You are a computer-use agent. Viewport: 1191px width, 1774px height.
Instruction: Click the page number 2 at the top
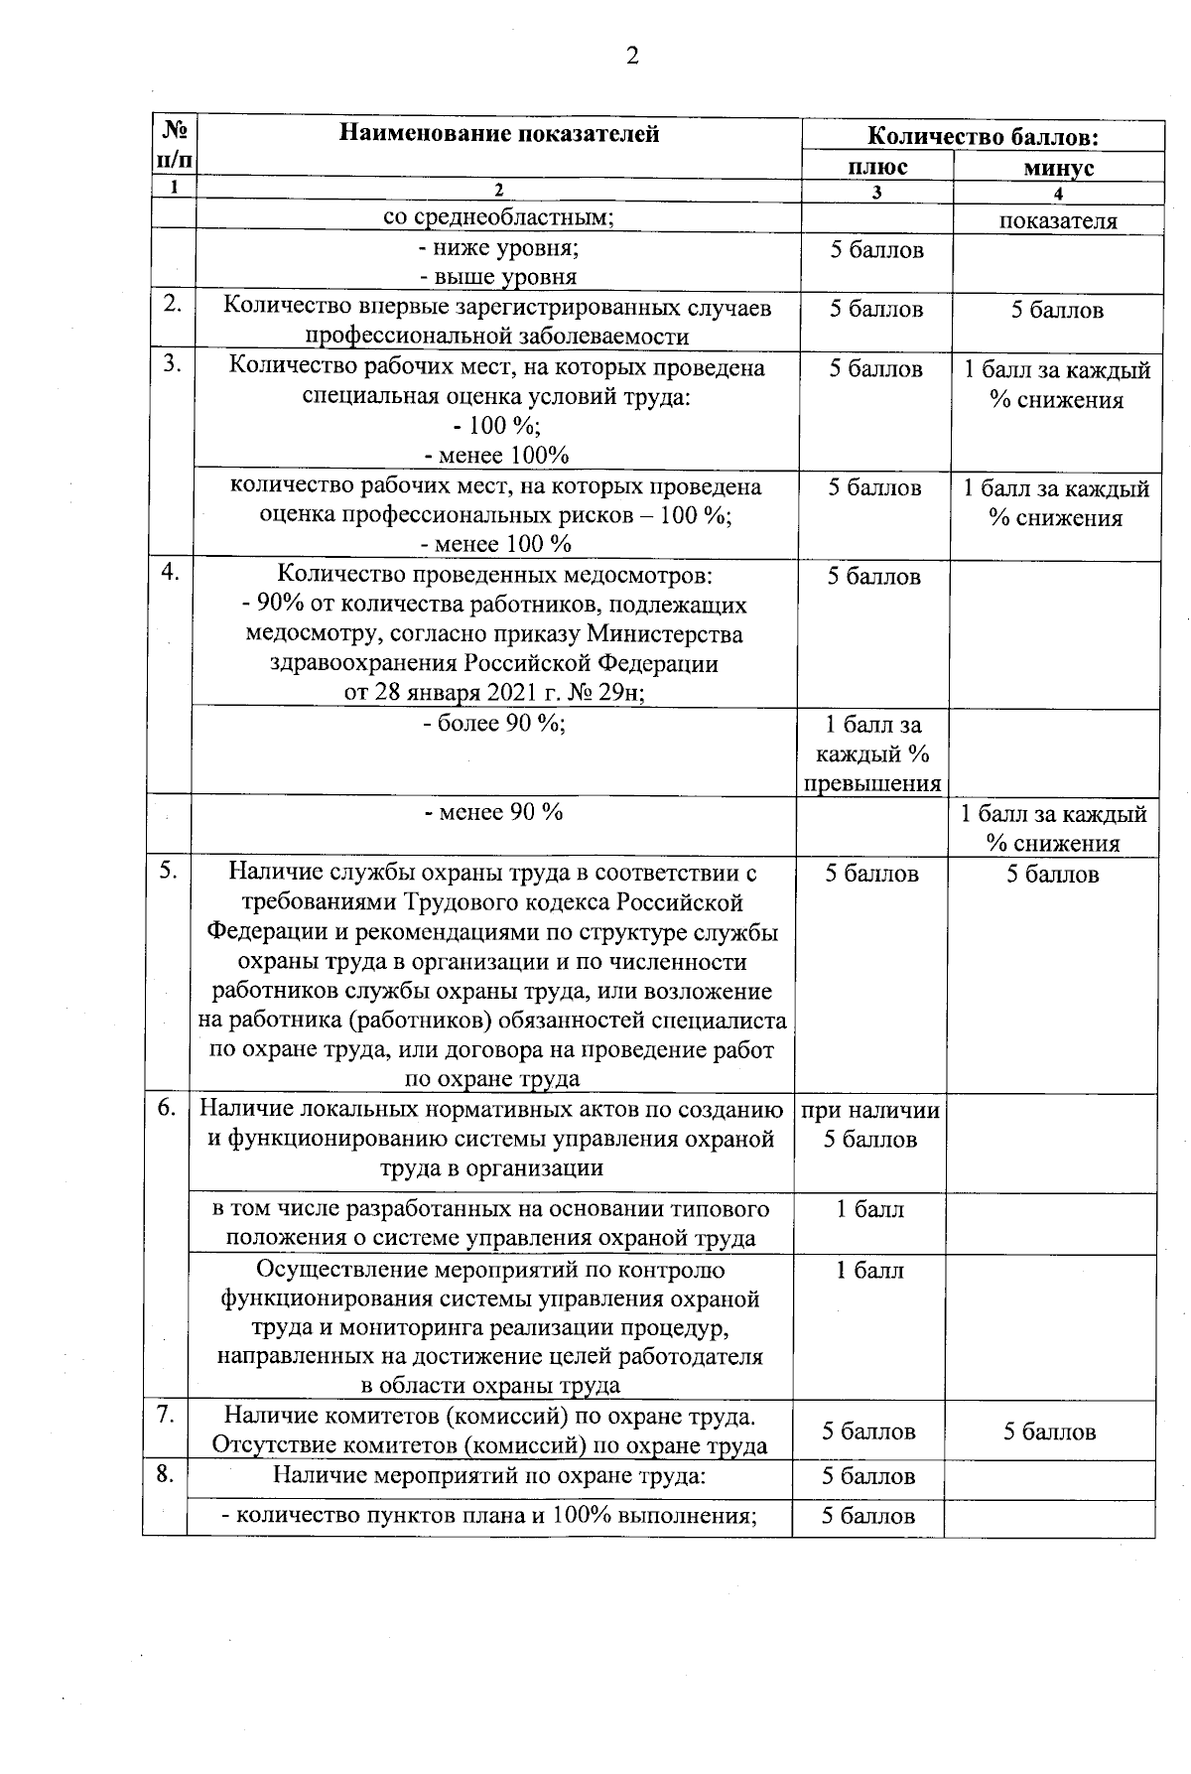pos(631,56)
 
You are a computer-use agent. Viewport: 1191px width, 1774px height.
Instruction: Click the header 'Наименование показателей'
pos(498,133)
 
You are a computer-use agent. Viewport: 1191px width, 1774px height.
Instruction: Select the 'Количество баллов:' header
pos(982,136)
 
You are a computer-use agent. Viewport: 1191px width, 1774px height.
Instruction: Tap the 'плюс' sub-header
pos(875,167)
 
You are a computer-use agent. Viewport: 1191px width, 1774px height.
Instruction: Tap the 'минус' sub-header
pos(1058,168)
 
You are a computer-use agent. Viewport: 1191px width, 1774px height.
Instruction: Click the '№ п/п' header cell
pos(175,143)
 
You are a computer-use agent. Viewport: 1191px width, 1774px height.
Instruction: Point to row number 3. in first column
pos(173,364)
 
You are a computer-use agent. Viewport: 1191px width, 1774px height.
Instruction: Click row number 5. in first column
pos(169,870)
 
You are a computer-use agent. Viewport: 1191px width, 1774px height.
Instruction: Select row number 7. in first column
pos(167,1415)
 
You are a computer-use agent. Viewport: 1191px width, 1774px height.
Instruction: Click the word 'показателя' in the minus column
pos(1057,220)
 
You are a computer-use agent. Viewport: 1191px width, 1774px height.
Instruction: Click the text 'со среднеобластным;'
pos(498,218)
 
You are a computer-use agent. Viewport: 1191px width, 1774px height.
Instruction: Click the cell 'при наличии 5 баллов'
pos(870,1125)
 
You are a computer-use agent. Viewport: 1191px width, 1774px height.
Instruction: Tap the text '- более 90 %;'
pos(493,723)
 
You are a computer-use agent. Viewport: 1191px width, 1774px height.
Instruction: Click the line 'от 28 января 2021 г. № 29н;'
pos(493,692)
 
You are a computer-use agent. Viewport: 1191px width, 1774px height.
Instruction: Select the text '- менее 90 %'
pos(493,811)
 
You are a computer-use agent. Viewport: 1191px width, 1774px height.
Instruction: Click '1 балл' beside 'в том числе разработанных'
pos(869,1209)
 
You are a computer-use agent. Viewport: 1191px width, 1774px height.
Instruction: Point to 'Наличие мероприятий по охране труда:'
pos(488,1475)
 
